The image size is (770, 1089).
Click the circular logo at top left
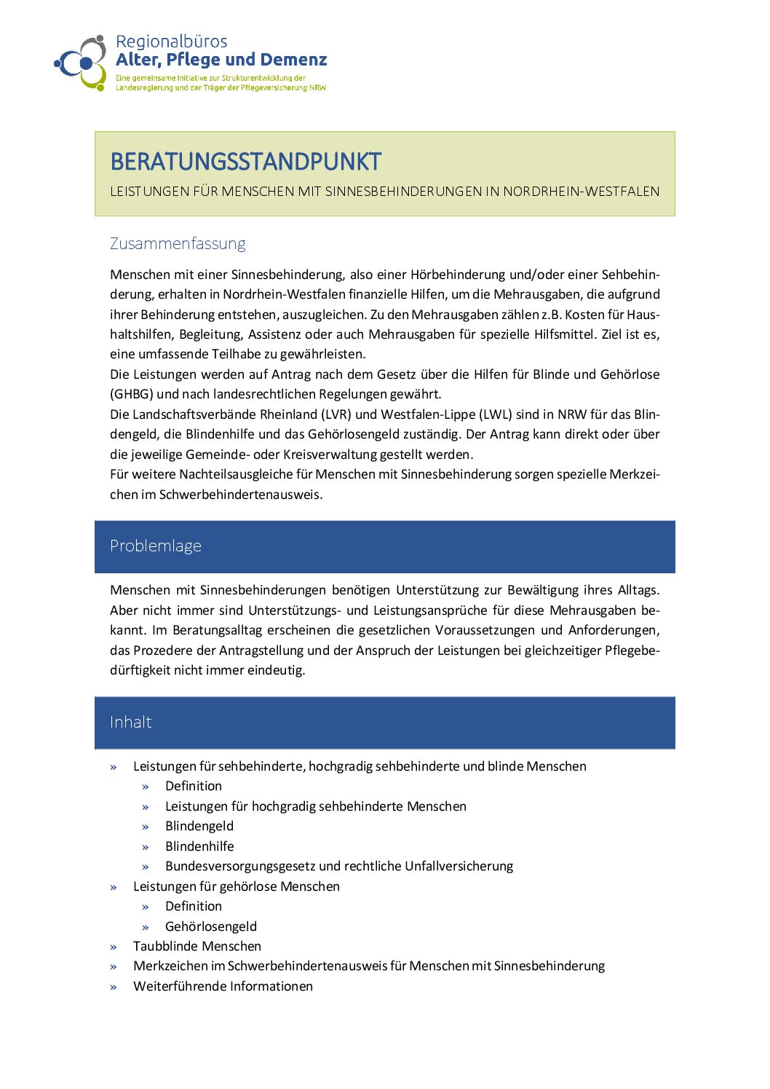click(82, 63)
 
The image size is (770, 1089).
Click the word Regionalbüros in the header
click(171, 42)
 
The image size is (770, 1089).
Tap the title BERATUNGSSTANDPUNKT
click(245, 162)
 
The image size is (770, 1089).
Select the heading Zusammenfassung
click(178, 243)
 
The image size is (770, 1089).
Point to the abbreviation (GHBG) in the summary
click(132, 394)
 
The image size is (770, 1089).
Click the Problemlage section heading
click(156, 546)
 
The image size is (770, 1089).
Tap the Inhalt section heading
click(131, 723)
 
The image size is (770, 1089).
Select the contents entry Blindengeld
click(199, 826)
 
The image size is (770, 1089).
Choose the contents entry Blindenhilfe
click(199, 846)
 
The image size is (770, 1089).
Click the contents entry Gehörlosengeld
click(211, 927)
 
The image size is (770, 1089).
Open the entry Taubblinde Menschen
click(197, 946)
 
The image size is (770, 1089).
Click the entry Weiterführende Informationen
click(223, 986)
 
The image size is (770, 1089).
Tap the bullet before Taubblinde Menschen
click(114, 947)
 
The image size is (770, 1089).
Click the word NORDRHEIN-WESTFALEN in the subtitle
click(582, 192)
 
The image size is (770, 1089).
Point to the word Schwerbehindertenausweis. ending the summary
click(241, 495)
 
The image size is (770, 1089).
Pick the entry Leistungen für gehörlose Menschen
click(237, 886)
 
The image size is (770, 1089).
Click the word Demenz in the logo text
click(293, 60)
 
